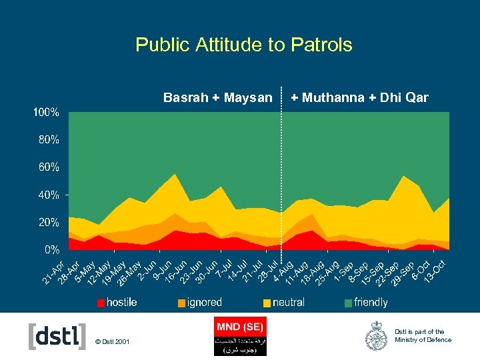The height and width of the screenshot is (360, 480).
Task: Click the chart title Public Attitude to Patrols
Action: click(x=243, y=45)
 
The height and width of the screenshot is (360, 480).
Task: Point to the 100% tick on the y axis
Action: click(x=47, y=113)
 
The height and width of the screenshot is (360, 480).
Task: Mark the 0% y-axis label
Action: click(x=51, y=250)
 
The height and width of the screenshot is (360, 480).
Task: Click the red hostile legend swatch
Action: click(x=100, y=303)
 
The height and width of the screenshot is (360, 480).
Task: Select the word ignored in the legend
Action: click(x=204, y=303)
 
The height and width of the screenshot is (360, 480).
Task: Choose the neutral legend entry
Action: click(x=288, y=303)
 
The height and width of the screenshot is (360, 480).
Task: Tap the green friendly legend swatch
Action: click(x=349, y=303)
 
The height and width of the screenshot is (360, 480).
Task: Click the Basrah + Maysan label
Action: click(x=218, y=98)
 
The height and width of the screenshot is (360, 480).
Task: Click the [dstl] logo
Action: click(x=57, y=337)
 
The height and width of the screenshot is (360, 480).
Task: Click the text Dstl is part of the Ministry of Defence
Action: click(x=423, y=336)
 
